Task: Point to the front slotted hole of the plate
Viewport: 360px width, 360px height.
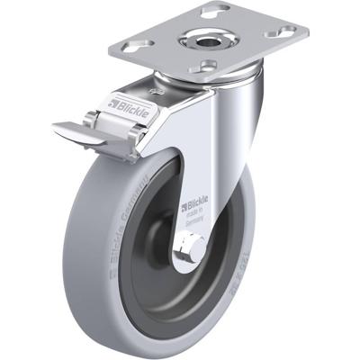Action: point(208,65)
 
